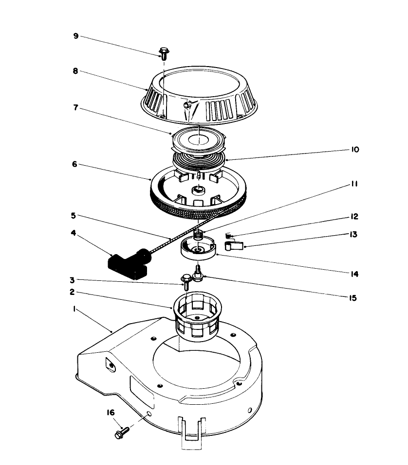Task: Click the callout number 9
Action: point(76,36)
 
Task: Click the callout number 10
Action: point(355,150)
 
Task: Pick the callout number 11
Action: point(355,184)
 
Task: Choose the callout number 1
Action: point(74,309)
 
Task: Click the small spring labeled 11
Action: point(198,235)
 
